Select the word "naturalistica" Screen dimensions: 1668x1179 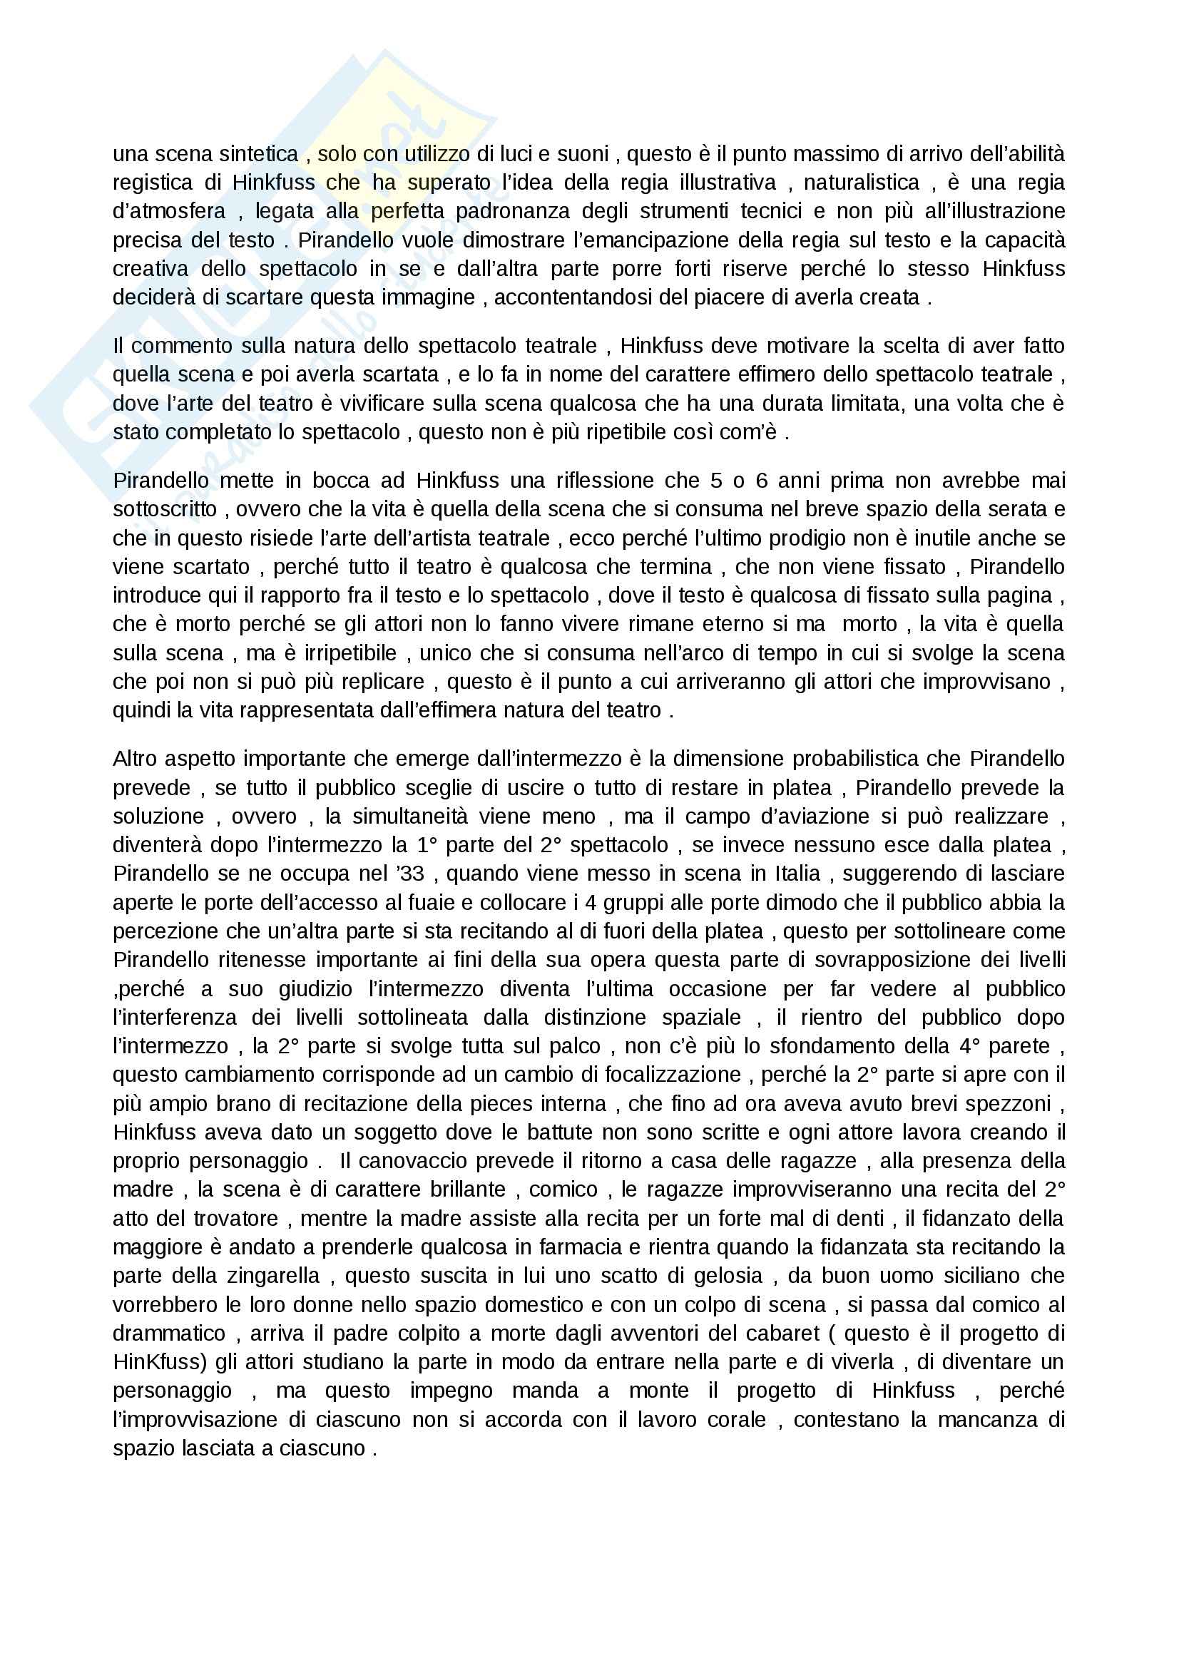pyautogui.click(x=861, y=183)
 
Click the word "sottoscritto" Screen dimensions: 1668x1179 pyautogui.click(x=165, y=509)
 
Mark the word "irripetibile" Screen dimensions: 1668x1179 pyautogui.click(x=350, y=653)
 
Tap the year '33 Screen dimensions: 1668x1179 pyautogui.click(x=405, y=874)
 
